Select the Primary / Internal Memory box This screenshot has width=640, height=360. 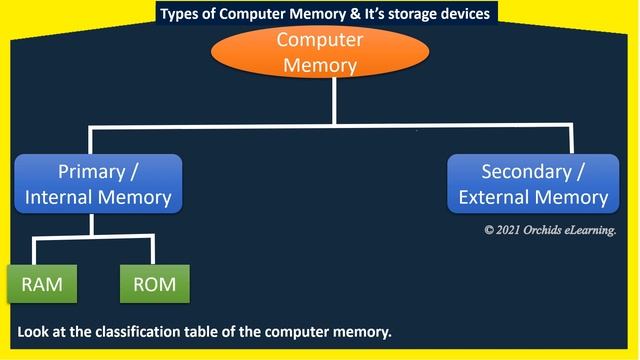tap(98, 184)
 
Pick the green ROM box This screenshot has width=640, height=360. tap(154, 284)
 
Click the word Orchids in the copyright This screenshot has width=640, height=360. tap(552, 230)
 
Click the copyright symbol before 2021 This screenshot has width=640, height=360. tap(490, 230)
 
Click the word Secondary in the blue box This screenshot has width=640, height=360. tap(526, 171)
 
